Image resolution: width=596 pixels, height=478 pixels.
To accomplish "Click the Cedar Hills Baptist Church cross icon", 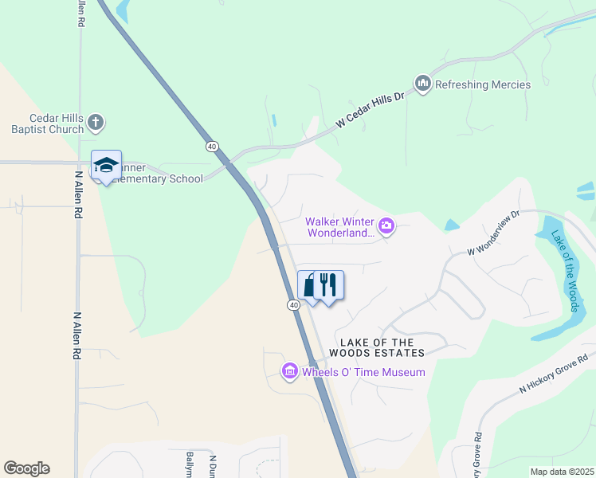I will (x=96, y=123).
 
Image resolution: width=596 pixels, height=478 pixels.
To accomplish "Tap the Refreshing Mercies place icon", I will (x=423, y=84).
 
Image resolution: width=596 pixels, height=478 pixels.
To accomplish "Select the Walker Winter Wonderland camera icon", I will (x=386, y=227).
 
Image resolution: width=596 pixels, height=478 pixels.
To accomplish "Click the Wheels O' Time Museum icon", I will (x=289, y=372).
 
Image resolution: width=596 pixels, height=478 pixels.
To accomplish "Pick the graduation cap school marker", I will (x=106, y=165).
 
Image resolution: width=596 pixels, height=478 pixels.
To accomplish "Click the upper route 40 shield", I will (x=211, y=147).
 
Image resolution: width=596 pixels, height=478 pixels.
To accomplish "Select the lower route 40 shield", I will (x=293, y=305).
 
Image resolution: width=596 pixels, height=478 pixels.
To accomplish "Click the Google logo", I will (x=27, y=468).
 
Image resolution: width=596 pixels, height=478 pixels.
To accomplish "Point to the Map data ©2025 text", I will (x=561, y=472).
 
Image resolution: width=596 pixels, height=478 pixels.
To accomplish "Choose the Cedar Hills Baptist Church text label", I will (x=47, y=123).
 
